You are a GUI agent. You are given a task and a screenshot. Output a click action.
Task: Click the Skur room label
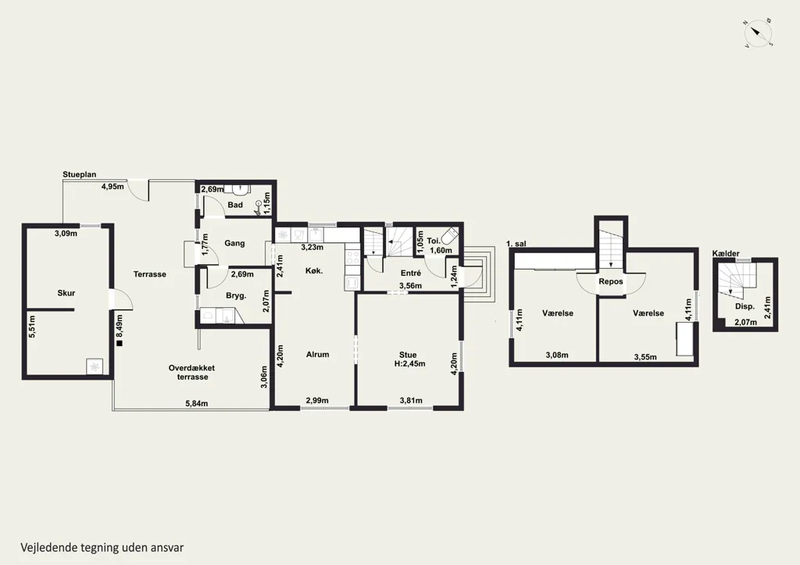pos(66,293)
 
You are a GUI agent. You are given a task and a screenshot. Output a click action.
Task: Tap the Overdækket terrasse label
pos(192,372)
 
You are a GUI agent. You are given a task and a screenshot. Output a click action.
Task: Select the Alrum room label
pos(317,354)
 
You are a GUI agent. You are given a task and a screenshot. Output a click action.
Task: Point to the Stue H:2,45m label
pos(409,359)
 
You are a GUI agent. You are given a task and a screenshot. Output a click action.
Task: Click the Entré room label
pos(411,273)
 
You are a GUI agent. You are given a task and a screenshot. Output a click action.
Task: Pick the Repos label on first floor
pos(611,281)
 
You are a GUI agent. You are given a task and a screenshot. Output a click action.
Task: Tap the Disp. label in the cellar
pos(745,307)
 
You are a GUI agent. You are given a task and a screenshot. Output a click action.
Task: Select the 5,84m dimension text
pos(196,403)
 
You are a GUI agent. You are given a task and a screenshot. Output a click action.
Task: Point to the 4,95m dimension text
pos(112,186)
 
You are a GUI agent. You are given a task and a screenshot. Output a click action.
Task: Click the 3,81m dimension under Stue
pos(411,400)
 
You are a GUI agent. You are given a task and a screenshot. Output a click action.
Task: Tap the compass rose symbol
pos(758,34)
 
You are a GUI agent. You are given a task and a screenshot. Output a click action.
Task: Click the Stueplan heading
pos(80,174)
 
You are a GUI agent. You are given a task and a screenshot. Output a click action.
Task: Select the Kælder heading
pos(726,253)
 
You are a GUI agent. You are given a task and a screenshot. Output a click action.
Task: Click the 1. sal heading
pos(516,244)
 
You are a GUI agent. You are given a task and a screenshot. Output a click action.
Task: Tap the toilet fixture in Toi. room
pos(450,237)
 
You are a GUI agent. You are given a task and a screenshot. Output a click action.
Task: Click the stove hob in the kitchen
pos(352,257)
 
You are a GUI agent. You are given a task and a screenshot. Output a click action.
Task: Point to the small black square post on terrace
pos(120,344)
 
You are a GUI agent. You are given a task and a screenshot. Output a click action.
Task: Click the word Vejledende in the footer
pos(49,548)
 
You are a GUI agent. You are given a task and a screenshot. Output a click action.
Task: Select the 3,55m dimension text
pos(645,357)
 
